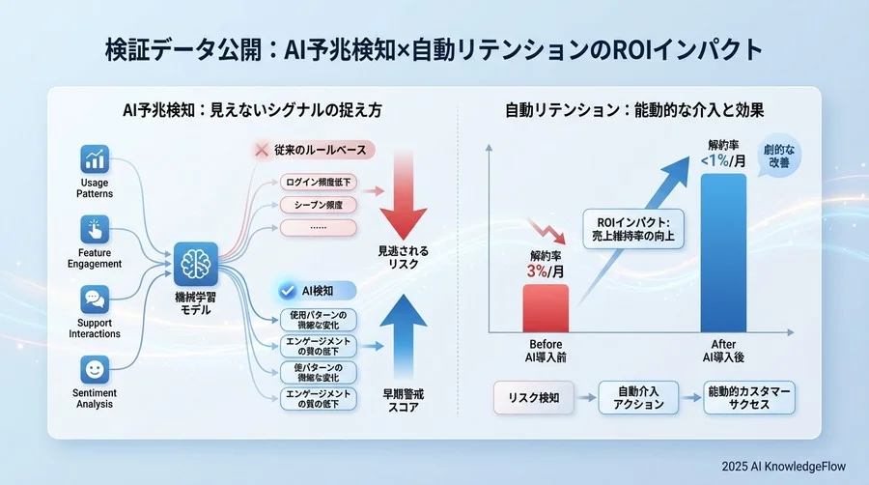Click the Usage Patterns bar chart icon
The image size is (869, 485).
click(x=95, y=159)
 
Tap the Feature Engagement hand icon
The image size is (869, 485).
click(x=95, y=230)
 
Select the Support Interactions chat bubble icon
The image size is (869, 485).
click(x=95, y=300)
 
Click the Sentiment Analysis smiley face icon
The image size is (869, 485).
click(x=95, y=369)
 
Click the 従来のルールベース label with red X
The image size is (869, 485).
click(x=314, y=151)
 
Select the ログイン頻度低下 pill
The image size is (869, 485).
click(x=319, y=182)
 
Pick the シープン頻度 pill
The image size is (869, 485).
click(x=319, y=205)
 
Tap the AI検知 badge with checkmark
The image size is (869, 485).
click(x=317, y=289)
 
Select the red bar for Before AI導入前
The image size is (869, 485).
click(x=547, y=308)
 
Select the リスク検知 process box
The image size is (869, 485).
click(x=533, y=396)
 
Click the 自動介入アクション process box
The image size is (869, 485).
click(x=632, y=396)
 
